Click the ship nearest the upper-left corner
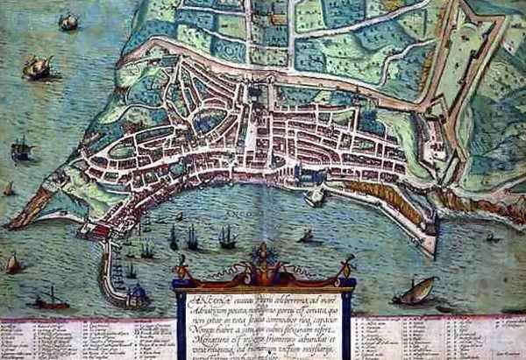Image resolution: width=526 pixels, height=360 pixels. [x=68, y=22]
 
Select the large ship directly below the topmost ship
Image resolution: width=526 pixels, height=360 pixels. [x=37, y=67]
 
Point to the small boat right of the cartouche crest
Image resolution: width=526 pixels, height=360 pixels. [x=306, y=236]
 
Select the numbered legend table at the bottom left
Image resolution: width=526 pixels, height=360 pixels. [x=83, y=338]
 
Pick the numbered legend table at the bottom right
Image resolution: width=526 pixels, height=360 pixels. [x=438, y=338]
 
